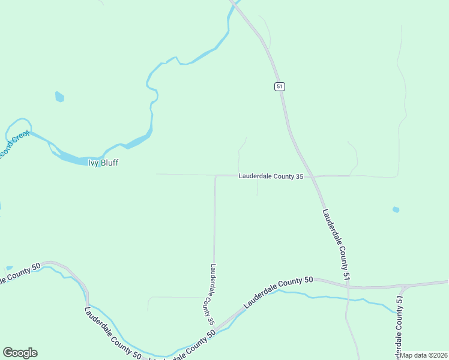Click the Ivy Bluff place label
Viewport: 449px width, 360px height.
click(103, 163)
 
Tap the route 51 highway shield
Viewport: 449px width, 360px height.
click(280, 86)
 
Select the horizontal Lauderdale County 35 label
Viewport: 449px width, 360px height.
click(271, 176)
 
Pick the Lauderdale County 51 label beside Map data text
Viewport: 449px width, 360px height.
click(399, 328)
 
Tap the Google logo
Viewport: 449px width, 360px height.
click(20, 353)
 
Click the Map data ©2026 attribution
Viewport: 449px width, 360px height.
click(424, 355)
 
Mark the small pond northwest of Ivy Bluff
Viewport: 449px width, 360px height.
click(59, 96)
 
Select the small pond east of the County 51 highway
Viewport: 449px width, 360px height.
click(396, 209)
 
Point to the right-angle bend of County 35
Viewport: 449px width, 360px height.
click(215, 176)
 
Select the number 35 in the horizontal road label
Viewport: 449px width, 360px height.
click(298, 176)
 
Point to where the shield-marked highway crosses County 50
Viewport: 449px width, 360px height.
click(348, 287)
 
